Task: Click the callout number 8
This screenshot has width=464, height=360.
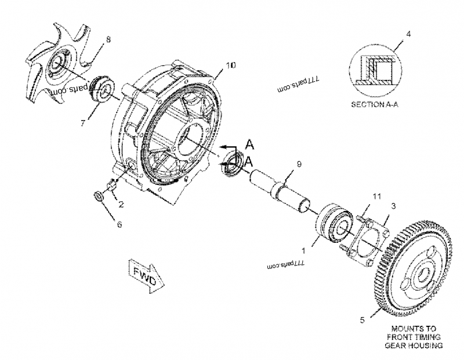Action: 107,39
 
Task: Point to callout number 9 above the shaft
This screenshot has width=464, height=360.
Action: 299,165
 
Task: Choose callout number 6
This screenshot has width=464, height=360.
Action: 119,224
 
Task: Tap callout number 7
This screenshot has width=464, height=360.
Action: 84,122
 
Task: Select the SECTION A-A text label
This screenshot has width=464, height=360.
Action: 378,106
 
